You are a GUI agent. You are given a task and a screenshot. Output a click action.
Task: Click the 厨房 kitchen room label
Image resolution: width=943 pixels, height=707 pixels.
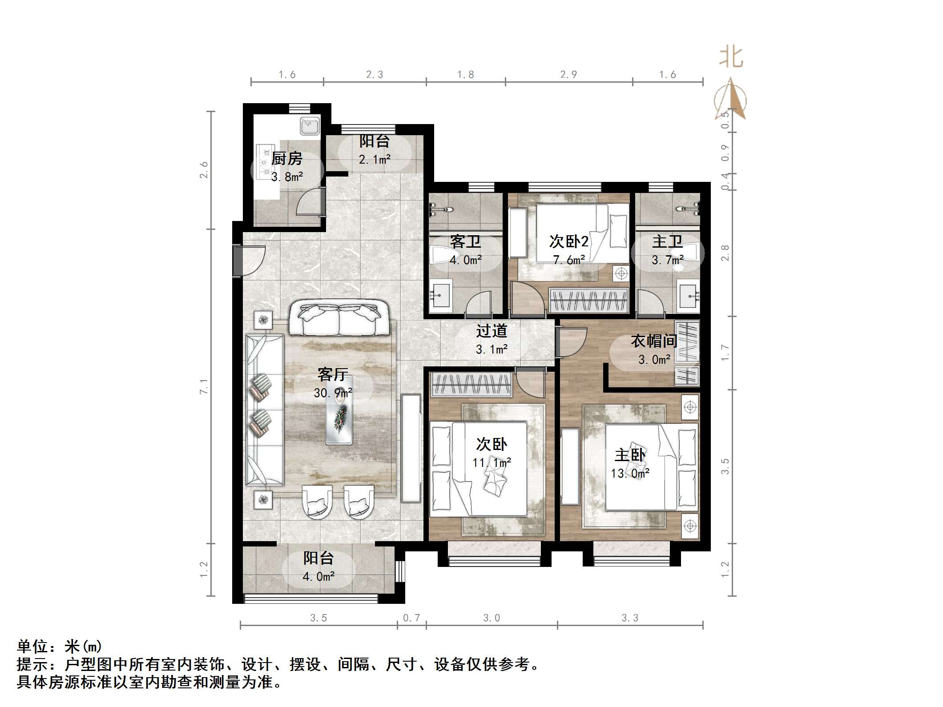[x=287, y=159]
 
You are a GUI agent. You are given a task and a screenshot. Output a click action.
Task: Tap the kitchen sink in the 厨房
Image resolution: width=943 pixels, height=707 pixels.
[x=310, y=125]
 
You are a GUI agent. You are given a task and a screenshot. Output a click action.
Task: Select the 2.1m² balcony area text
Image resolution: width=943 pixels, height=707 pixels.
[x=375, y=159]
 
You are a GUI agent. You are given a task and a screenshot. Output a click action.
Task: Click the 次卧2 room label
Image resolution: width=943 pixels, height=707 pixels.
[x=568, y=241]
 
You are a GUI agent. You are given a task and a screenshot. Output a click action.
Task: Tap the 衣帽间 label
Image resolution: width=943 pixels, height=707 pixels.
[x=653, y=341]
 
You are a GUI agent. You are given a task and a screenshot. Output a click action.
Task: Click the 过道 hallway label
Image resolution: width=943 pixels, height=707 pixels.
[x=492, y=331]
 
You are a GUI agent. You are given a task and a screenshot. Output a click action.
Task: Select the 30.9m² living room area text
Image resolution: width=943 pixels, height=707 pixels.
[x=333, y=393]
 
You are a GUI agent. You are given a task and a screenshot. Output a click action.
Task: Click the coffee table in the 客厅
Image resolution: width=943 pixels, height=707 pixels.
[x=339, y=410]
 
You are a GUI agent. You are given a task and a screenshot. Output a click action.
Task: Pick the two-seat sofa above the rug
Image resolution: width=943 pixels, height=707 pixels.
[x=339, y=319]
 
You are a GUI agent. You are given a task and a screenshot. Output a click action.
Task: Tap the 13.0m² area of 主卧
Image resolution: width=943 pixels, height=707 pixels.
[x=630, y=474]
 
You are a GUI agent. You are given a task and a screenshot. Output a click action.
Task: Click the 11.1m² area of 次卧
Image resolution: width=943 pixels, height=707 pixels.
[x=492, y=463]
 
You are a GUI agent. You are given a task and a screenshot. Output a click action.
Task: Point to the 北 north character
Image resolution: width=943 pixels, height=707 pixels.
[x=731, y=58]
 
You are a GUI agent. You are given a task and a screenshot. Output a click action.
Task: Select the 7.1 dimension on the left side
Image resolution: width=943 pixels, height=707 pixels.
[x=204, y=386]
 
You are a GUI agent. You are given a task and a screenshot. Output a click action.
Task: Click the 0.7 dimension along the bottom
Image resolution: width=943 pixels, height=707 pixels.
[x=411, y=618]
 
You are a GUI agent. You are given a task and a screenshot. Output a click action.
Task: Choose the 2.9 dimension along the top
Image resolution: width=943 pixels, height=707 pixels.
[x=568, y=75]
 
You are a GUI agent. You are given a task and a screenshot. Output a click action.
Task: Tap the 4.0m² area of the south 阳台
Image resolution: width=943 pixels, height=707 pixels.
[x=318, y=577]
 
